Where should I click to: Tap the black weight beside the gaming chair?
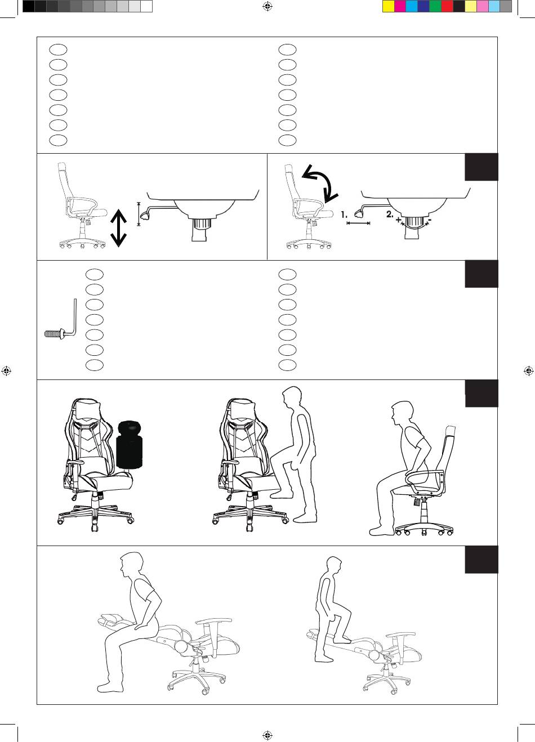pyautogui.click(x=130, y=445)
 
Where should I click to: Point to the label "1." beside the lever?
pyautogui.click(x=344, y=214)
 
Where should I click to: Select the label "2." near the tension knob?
pyautogui.click(x=390, y=214)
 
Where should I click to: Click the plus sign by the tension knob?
pyautogui.click(x=398, y=220)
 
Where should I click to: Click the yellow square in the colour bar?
pyautogui.click(x=389, y=6)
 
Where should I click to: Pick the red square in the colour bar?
pyautogui.click(x=447, y=6)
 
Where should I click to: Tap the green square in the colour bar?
pyautogui.click(x=435, y=6)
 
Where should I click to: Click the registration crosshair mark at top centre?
pyautogui.click(x=267, y=6)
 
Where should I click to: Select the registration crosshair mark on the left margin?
pyautogui.click(x=6, y=371)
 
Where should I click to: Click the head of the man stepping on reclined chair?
pyautogui.click(x=333, y=566)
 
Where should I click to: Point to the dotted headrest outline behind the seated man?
pyautogui.click(x=451, y=431)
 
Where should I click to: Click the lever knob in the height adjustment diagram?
pyautogui.click(x=145, y=216)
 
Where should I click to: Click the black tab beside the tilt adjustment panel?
pyautogui.click(x=481, y=167)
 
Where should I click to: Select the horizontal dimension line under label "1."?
pyautogui.click(x=358, y=224)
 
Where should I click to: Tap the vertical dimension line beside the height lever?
pyautogui.click(x=139, y=214)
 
